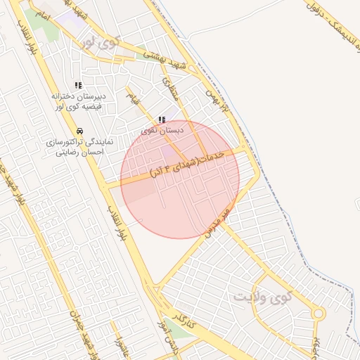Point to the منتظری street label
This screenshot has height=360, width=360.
tap(171, 88)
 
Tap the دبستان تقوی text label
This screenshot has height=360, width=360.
tap(162, 131)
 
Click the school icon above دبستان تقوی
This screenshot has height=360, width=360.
tap(162, 120)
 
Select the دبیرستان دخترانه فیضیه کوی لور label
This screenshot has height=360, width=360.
tap(77, 101)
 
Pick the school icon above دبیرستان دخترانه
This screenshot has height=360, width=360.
tap(77, 85)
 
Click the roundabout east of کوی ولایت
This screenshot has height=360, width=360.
tap(319, 314)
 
